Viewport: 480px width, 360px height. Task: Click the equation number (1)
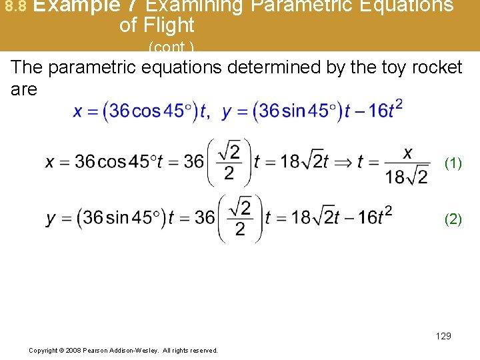[x=453, y=163]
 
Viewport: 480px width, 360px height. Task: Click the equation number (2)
[x=453, y=219]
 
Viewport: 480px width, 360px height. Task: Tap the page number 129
[x=443, y=336]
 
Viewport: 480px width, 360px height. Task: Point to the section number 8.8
[x=14, y=7]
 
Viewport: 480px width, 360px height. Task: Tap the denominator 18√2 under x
[x=407, y=176]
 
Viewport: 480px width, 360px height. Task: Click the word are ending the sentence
[x=24, y=89]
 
